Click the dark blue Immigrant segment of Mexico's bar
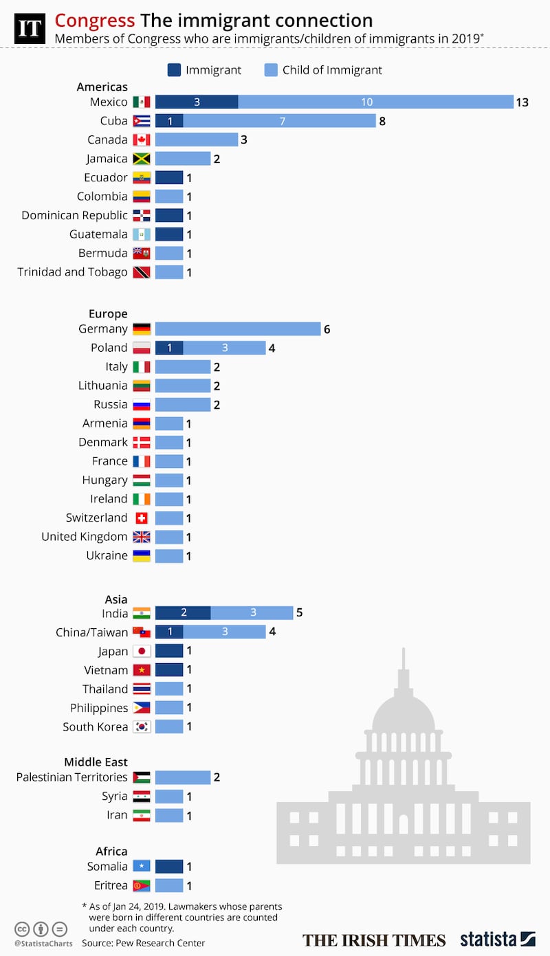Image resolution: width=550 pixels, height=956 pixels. (197, 102)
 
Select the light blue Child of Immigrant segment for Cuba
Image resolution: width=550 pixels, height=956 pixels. (279, 121)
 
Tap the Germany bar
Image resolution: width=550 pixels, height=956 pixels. (238, 329)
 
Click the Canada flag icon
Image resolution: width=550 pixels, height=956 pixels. (142, 140)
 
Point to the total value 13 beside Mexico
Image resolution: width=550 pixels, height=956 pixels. (522, 102)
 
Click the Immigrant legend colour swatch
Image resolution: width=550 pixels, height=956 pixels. (173, 69)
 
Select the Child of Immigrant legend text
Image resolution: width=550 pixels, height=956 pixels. (332, 69)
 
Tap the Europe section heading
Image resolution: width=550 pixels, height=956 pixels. (108, 313)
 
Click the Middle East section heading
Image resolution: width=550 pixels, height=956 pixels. (96, 762)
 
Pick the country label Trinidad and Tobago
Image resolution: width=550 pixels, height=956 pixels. (72, 272)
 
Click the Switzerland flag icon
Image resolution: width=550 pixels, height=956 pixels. (142, 518)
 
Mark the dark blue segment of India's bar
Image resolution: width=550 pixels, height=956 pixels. (183, 613)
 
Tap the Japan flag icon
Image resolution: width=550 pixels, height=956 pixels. (142, 652)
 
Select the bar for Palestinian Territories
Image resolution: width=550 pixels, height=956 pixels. (183, 777)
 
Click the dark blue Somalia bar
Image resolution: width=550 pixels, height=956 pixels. (169, 867)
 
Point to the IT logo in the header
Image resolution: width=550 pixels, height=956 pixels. (30, 28)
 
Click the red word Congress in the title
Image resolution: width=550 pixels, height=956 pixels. (95, 21)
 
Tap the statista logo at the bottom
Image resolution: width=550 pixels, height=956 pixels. (497, 940)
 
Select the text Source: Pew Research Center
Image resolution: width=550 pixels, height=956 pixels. (143, 943)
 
